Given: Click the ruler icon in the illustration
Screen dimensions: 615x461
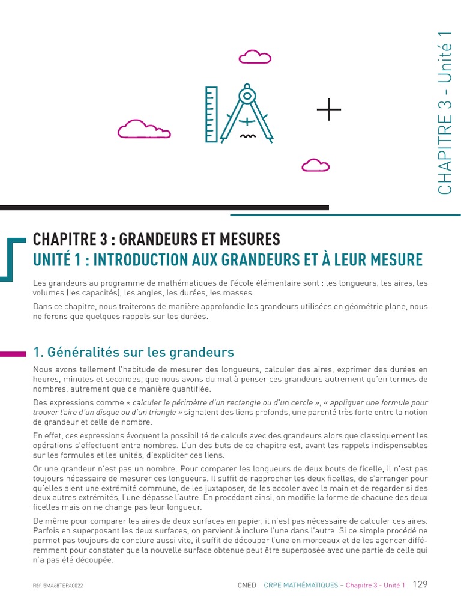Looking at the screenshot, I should pos(211,114).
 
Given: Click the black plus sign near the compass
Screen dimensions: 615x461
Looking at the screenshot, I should pos(328,109).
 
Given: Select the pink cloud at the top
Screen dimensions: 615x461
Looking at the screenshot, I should pos(255,57).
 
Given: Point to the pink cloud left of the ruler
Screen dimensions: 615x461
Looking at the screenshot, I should pos(143,130).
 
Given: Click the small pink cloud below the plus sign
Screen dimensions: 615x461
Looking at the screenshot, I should pos(315,165).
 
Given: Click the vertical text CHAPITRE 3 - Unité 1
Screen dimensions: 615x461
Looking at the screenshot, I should pos(445,114).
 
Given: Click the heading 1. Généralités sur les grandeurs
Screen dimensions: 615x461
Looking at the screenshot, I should pos(133,352).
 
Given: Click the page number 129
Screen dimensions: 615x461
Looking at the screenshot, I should pos(420,584).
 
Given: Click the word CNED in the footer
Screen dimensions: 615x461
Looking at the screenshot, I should pos(247,585).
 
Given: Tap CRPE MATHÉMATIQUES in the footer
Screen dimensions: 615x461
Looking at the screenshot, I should pos(301,585).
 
